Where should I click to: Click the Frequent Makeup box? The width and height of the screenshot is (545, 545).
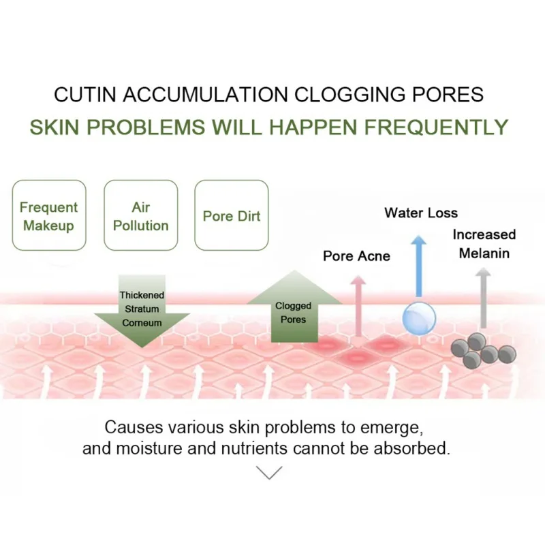tap(49, 216)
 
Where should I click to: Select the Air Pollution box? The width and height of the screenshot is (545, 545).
tap(141, 216)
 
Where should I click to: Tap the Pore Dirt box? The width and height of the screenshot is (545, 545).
tap(232, 216)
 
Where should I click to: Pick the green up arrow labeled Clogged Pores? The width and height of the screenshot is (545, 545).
tap(293, 307)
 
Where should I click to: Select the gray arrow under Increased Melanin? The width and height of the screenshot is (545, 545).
tap(483, 296)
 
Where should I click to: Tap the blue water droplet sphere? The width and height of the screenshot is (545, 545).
tap(418, 317)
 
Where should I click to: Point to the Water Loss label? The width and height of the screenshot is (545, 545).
tap(421, 213)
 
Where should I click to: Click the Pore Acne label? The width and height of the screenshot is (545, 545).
tap(356, 256)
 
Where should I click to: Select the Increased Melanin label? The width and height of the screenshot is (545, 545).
tap(484, 244)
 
